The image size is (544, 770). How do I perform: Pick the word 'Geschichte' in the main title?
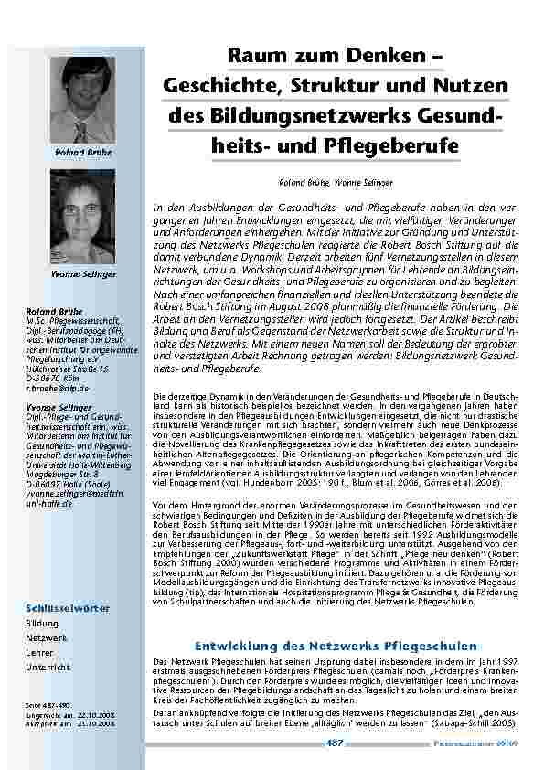(x=214, y=87)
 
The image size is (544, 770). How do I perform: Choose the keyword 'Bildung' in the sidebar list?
(x=42, y=624)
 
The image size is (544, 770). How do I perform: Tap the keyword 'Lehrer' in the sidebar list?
(x=40, y=653)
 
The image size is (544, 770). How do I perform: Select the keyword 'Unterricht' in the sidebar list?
(x=48, y=668)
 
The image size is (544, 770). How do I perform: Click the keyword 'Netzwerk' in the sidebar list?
(x=46, y=638)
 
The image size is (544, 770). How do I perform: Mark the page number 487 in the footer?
(x=335, y=743)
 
